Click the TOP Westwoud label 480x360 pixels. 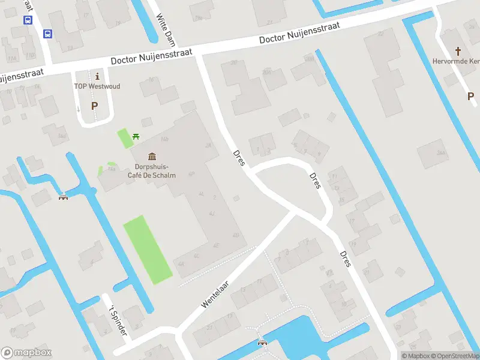[x=97, y=86]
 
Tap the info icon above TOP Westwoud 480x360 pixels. [x=97, y=76]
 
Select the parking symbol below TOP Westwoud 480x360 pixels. [x=94, y=106]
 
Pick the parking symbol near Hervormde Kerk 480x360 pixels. [x=471, y=96]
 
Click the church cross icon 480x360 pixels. [x=459, y=51]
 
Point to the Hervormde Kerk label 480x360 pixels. [x=456, y=61]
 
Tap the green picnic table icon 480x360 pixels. [x=136, y=137]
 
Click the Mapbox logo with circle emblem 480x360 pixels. [x=26, y=353]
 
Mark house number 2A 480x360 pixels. [x=208, y=145]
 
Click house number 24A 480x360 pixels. [x=441, y=154]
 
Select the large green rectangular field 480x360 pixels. [x=147, y=249]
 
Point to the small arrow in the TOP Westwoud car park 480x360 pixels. [x=79, y=109]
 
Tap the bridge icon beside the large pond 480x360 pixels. [x=262, y=343]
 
